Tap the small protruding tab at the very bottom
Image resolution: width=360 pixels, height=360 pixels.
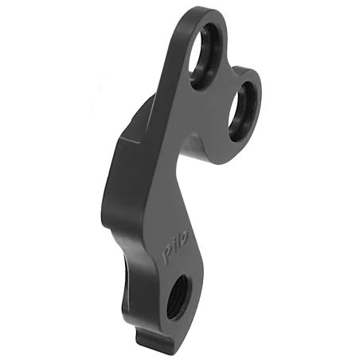(156, 344)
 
